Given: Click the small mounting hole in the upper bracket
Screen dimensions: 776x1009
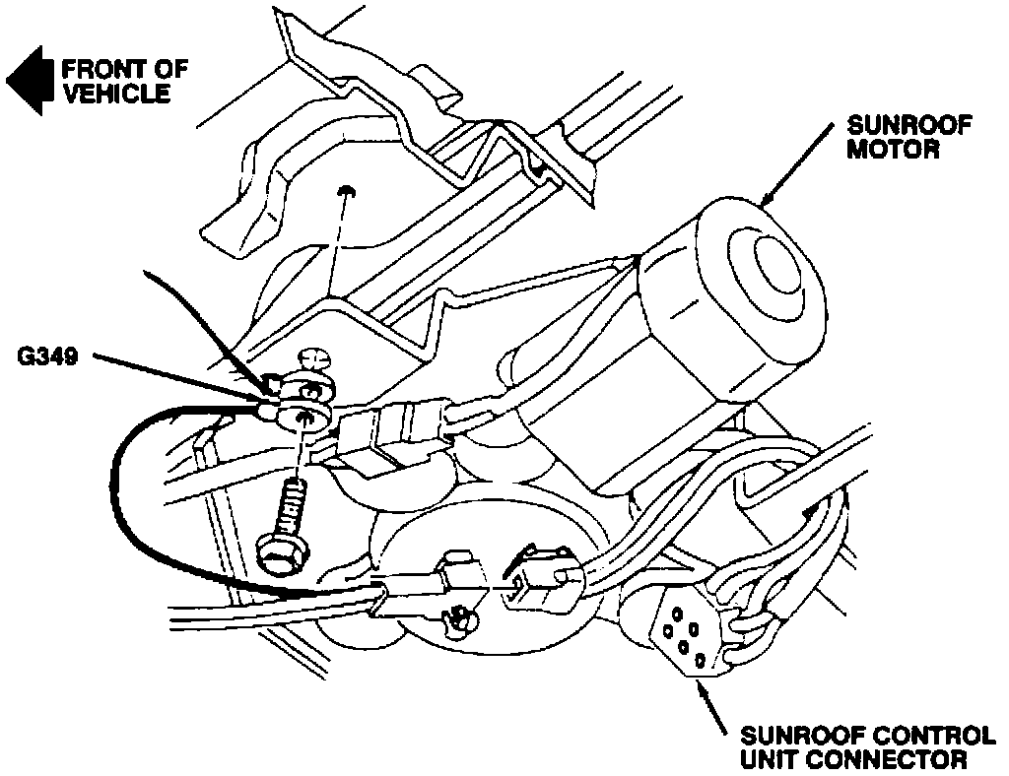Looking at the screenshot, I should [x=346, y=191].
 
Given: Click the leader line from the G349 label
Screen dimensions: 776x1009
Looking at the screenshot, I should [x=177, y=376].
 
